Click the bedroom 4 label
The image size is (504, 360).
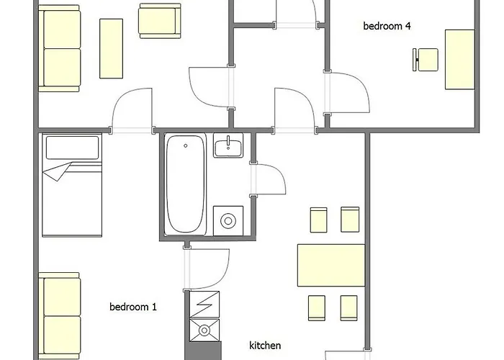click(x=387, y=26)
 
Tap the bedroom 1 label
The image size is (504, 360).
click(x=133, y=307)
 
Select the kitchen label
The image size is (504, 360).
click(x=265, y=346)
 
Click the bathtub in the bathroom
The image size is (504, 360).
click(x=185, y=184)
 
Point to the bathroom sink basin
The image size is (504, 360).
click(x=228, y=145)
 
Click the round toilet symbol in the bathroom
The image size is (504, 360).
click(x=228, y=221)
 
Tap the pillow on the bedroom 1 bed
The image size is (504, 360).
click(x=72, y=148)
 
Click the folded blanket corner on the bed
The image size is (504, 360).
click(x=57, y=171)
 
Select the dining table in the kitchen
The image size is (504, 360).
click(x=331, y=265)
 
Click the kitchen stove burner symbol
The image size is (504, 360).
click(x=204, y=330)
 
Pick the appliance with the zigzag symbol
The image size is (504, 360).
click(x=204, y=305)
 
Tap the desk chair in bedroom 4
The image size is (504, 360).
click(x=426, y=60)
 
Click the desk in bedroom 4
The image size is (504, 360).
click(x=459, y=60)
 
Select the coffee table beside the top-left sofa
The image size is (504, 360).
click(x=111, y=48)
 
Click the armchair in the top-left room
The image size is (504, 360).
click(x=159, y=21)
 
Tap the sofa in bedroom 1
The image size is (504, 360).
click(x=60, y=316)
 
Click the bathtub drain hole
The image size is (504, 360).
click(x=186, y=146)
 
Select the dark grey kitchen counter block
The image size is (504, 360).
click(x=203, y=351)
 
